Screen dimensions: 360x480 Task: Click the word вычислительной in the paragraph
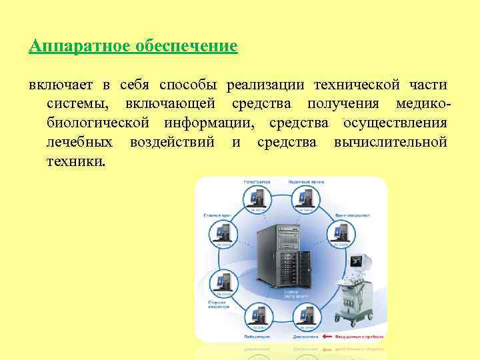pyautogui.click(x=390, y=143)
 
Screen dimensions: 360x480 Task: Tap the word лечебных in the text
pyautogui.click(x=80, y=143)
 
